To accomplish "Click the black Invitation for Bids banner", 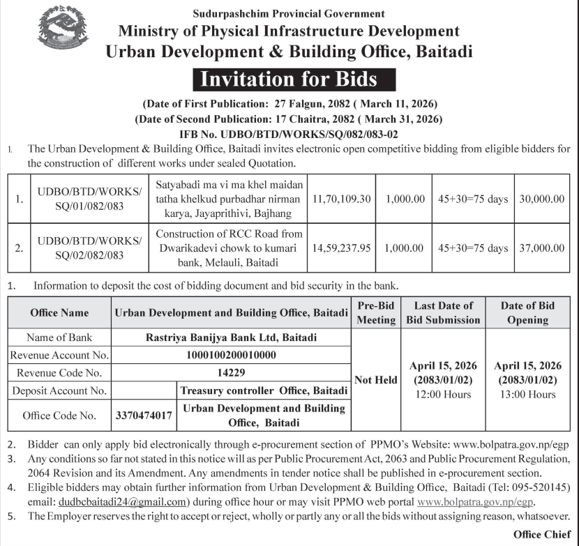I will point(289,78).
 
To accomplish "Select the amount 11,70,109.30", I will point(345,199).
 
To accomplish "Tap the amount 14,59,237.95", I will point(345,248).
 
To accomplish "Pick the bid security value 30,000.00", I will point(542,199).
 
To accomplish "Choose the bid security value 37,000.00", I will point(542,248).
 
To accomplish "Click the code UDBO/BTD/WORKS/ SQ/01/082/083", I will point(89,199).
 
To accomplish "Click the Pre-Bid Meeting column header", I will point(376,312).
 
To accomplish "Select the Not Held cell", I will point(376,380).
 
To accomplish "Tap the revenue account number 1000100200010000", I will point(231,355).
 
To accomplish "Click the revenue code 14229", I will point(231,372).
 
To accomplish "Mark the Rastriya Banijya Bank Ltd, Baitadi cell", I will point(231,338).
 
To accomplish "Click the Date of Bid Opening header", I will point(527,312).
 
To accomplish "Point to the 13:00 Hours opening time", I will point(527,395).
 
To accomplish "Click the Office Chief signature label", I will point(542,534).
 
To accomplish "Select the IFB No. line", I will point(289,133).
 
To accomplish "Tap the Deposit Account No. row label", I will point(59,390).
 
